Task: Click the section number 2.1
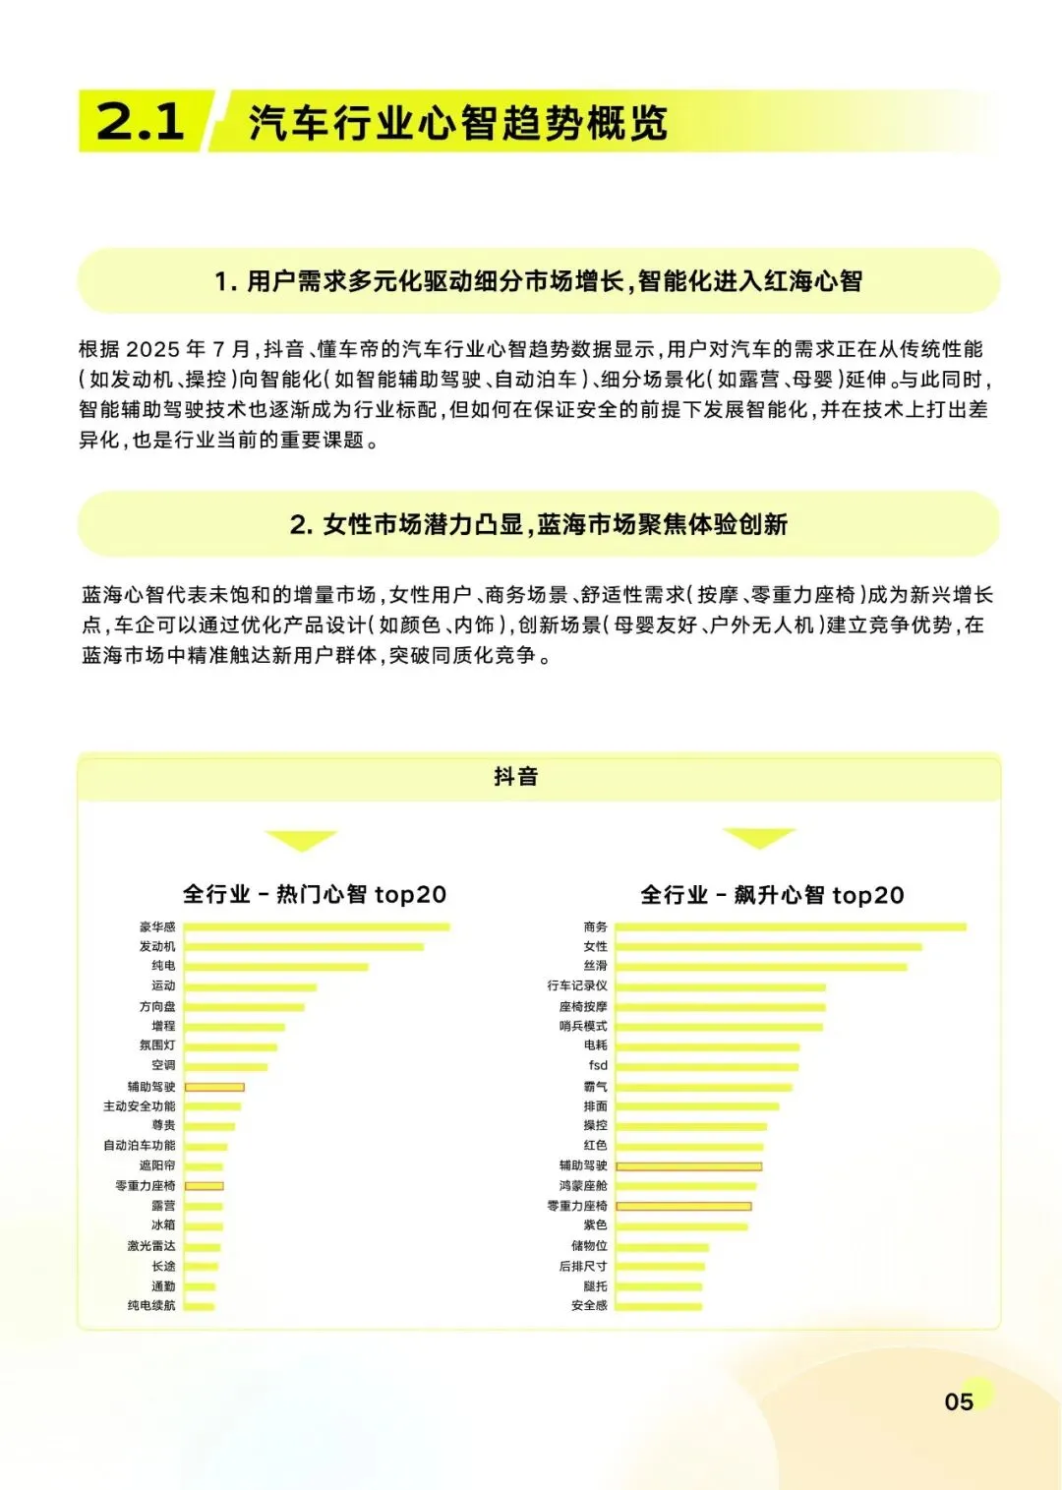pos(141,121)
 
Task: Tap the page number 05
pos(959,1401)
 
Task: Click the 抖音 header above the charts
pos(515,776)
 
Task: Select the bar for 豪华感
pos(317,926)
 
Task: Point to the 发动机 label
pos(157,946)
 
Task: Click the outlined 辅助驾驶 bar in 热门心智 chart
pos(214,1087)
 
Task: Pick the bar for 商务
pos(791,926)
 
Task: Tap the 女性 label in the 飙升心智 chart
pos(595,946)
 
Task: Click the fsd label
pos(598,1065)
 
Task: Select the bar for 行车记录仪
pos(720,986)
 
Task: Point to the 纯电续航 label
pos(151,1305)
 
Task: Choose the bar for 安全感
pos(659,1306)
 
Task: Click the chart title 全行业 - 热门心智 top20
pos(315,894)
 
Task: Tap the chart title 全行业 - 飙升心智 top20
pos(772,895)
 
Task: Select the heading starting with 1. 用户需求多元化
pos(538,281)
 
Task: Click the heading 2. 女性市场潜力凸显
pos(538,524)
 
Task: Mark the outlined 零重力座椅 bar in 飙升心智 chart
pos(683,1206)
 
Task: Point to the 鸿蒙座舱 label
pos(583,1186)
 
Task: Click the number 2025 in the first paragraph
pos(153,349)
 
